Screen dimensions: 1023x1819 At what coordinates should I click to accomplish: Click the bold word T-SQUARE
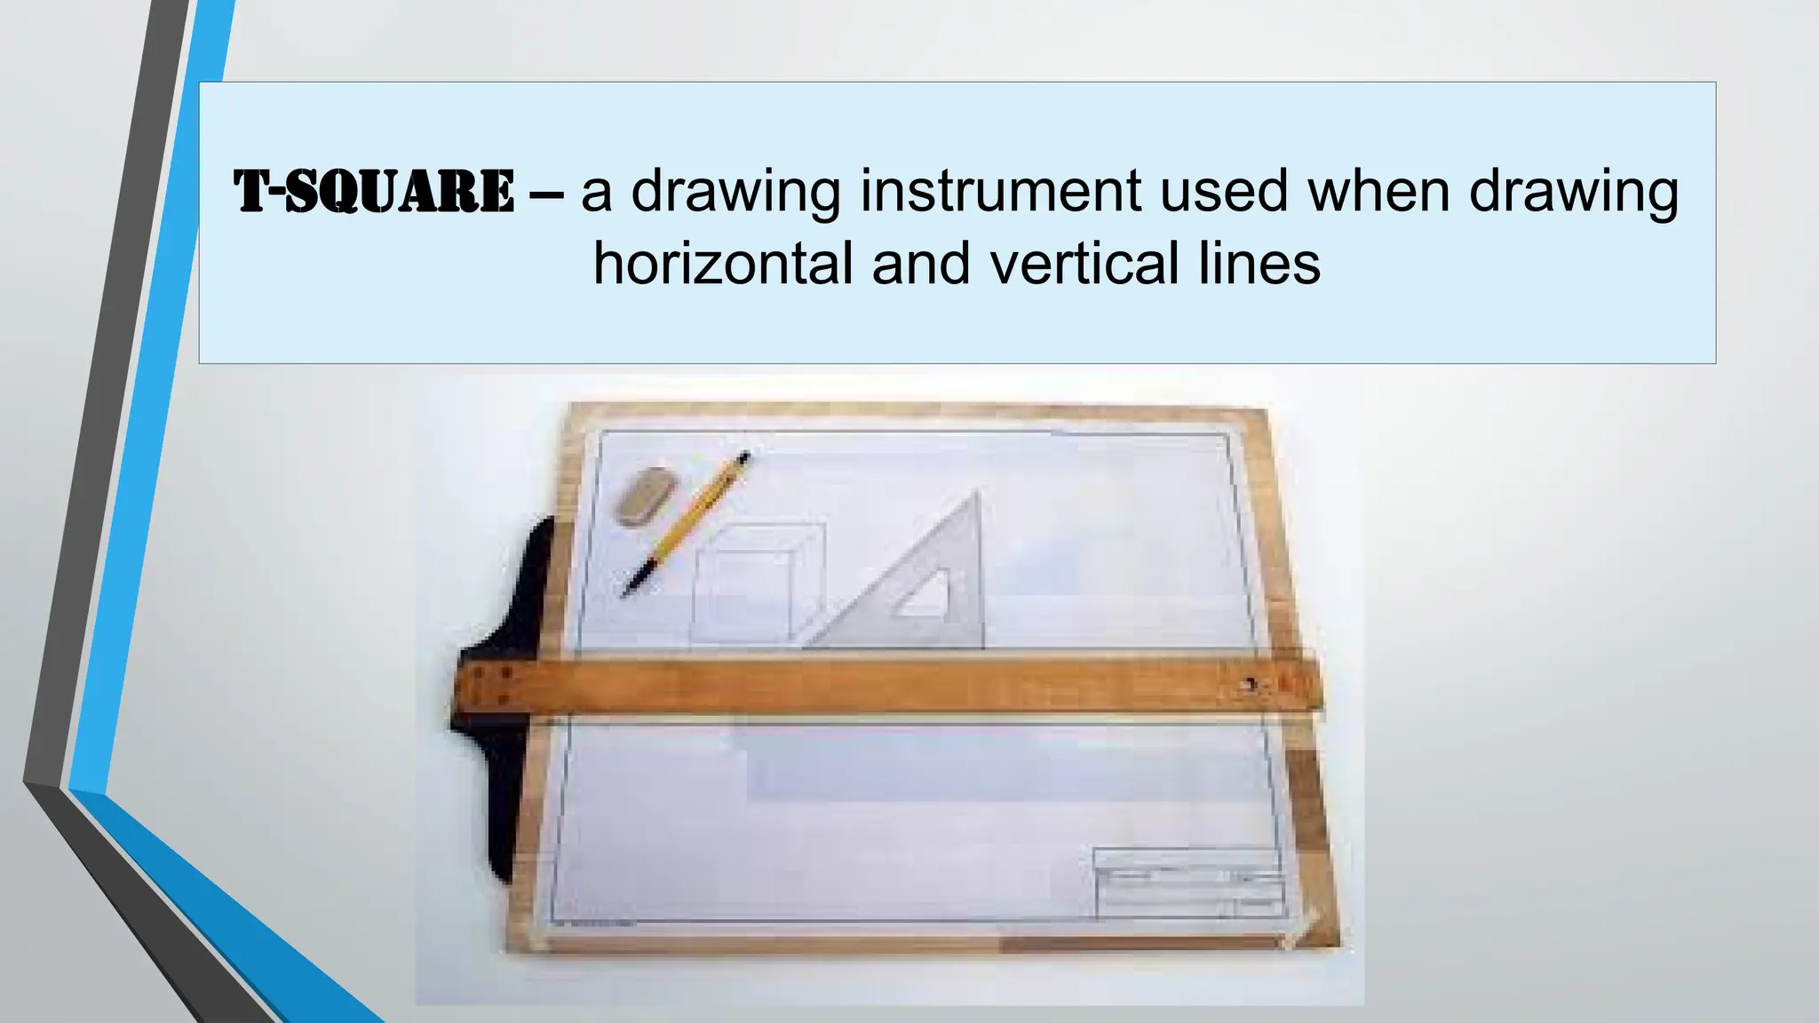coord(374,192)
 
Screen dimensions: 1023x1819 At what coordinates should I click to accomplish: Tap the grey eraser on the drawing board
coord(646,496)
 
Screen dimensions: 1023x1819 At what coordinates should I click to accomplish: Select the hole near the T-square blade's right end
coord(1251,685)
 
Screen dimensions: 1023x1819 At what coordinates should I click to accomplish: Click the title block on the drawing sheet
coord(1188,883)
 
